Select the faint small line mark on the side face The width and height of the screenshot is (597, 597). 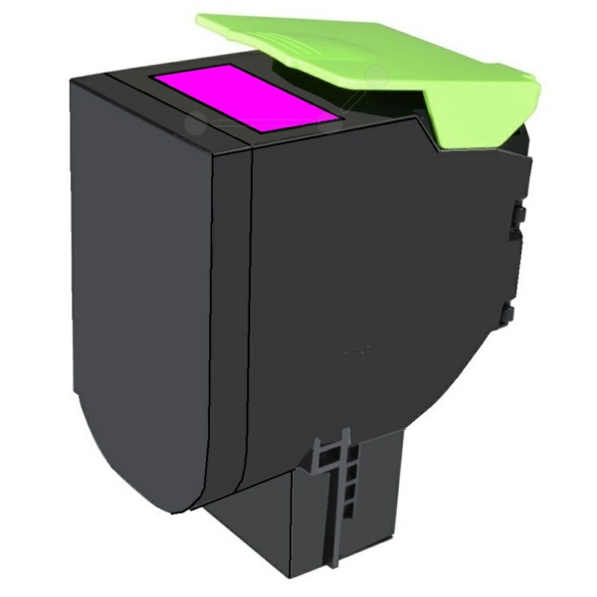[355, 351]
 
